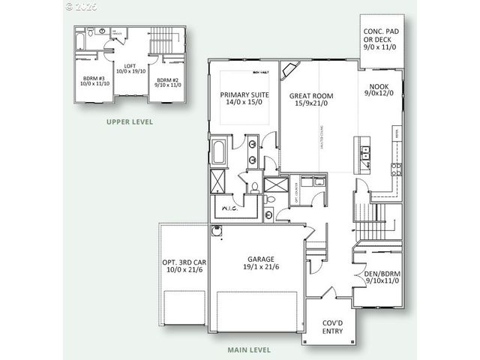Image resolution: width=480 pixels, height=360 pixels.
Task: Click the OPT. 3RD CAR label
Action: [183, 262]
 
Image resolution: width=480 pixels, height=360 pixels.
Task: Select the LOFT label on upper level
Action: [129, 65]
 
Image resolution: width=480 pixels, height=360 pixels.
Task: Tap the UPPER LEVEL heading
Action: [130, 121]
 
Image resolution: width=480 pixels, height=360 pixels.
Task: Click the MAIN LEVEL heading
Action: [250, 349]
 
